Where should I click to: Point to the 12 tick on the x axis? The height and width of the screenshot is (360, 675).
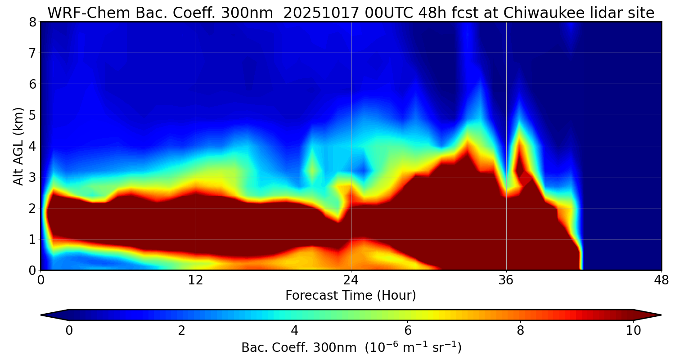pos(196,280)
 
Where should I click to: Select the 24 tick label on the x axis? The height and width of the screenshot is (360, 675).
pos(351,280)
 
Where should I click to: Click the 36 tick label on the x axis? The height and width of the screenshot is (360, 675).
pos(506,280)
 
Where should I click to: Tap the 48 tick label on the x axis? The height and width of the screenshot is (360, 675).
pos(661,280)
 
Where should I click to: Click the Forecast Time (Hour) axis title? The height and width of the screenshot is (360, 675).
pos(351,296)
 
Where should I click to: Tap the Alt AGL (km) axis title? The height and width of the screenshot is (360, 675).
pos(18,146)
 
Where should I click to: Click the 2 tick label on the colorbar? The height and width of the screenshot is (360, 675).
pos(181,331)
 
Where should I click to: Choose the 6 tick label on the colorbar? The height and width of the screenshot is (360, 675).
pos(407,331)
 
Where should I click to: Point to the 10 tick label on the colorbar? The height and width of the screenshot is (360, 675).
pos(633,331)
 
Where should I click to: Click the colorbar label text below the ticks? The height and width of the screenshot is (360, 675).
pos(351,348)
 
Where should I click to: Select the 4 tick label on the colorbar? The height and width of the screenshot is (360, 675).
pos(294,331)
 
